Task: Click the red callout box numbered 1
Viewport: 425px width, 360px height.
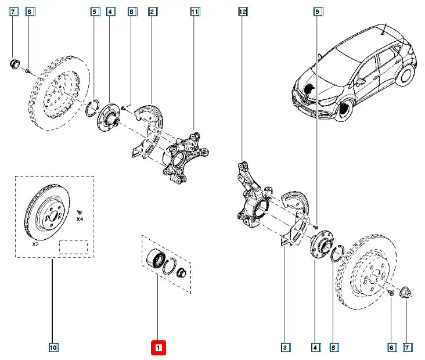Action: point(159,348)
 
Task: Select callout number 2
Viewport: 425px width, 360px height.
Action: point(152,11)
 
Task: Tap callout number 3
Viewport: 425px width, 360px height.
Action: point(285,348)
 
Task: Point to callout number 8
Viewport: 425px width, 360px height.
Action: point(132,11)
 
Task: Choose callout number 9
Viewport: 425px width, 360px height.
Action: point(317,11)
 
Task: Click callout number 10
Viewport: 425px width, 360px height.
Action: point(53,348)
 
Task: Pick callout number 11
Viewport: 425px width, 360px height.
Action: point(195,11)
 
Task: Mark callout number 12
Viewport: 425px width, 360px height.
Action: point(243,11)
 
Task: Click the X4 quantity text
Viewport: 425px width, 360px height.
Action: point(80,219)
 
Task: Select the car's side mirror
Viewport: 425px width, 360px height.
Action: point(361,81)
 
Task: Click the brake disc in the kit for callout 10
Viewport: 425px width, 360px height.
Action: point(48,213)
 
